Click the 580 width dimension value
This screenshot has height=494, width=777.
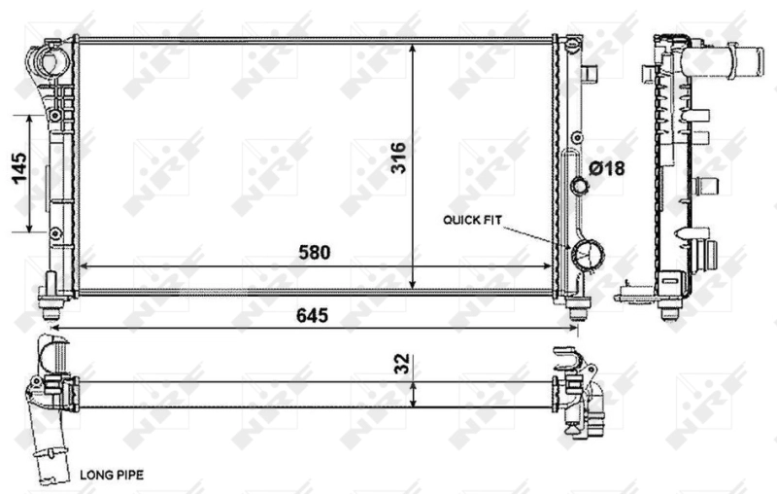[x=315, y=252]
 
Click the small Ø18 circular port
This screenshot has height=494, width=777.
[x=580, y=187]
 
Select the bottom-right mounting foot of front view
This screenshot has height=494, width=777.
[x=577, y=308]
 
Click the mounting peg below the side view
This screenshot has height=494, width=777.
[x=668, y=309]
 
